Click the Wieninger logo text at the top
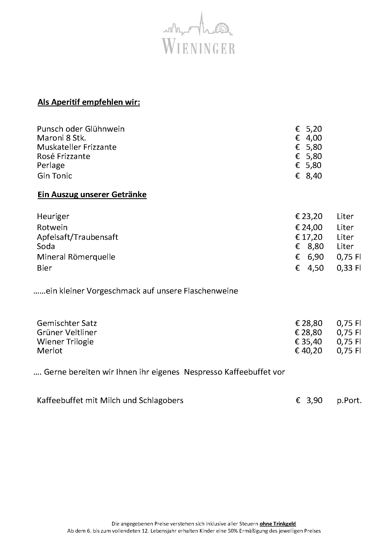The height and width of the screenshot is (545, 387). pos(199,46)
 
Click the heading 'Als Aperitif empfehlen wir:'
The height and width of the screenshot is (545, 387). pos(89,102)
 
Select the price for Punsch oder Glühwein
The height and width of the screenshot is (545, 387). pos(309,129)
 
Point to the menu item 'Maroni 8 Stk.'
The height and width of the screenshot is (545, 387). pos(62,138)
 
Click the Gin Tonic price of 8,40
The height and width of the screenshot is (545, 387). pos(309,176)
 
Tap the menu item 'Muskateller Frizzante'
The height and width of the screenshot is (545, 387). pos(77,147)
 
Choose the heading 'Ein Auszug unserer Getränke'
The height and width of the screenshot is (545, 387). pos(92,195)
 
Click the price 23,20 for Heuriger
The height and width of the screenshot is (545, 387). pos(309,216)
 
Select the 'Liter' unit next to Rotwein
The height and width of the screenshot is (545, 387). pos(345,227)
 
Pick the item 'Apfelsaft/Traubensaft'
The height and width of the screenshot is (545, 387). pos(77,237)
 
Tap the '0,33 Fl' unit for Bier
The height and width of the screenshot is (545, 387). pos(348,268)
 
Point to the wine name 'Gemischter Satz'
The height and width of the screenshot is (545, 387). pos(67,323)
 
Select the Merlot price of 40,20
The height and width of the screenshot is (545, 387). pos(309,351)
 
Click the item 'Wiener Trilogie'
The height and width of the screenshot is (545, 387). pos(65,342)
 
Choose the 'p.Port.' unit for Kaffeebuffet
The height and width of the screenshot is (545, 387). pos(349,400)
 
